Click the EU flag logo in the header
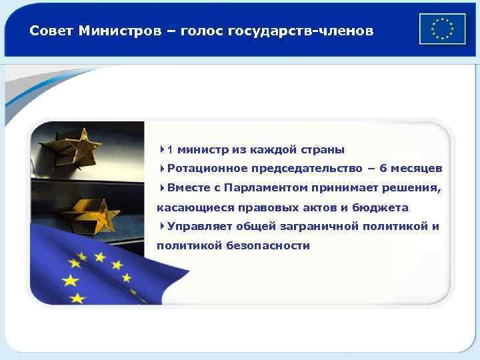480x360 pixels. [x=442, y=29]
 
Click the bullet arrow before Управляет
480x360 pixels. [x=163, y=227]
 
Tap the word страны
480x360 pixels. [x=323, y=149]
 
